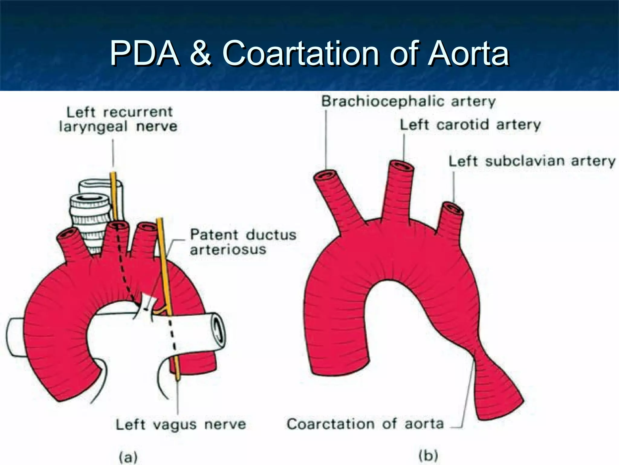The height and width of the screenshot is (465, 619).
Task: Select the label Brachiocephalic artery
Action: (x=408, y=101)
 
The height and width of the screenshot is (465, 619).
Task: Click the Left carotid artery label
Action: (x=470, y=125)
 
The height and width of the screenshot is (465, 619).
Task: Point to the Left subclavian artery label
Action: (x=532, y=161)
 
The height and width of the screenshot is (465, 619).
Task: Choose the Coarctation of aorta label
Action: (x=365, y=424)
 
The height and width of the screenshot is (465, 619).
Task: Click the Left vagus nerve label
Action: (x=181, y=424)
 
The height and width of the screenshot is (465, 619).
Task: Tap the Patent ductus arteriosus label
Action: (x=243, y=242)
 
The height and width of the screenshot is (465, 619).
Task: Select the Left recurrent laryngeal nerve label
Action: (x=118, y=119)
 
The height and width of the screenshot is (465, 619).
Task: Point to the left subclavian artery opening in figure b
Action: (x=452, y=209)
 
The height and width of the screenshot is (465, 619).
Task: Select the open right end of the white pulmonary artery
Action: (x=219, y=330)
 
